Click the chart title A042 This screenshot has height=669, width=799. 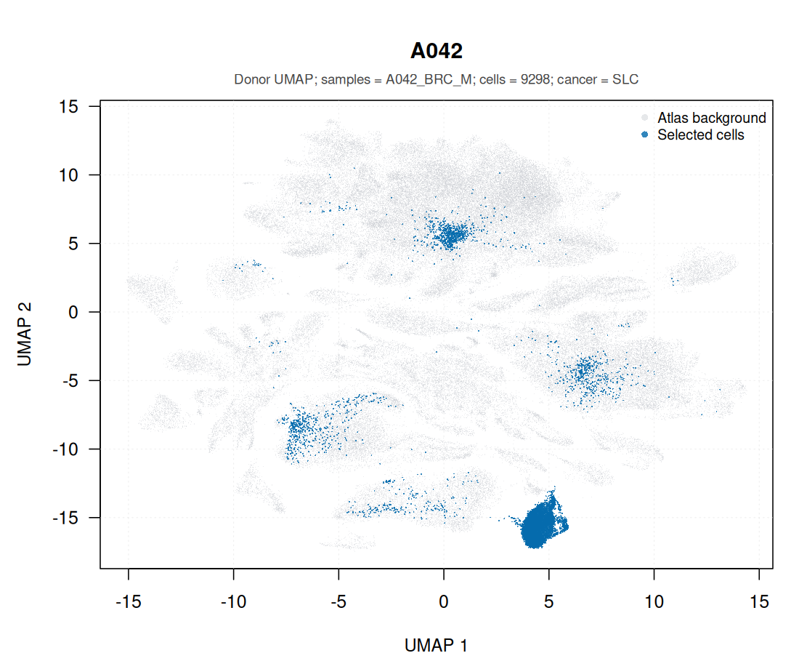(x=437, y=51)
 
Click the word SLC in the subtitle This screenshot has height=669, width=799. (x=625, y=79)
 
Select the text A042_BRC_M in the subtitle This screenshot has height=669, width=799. (x=429, y=80)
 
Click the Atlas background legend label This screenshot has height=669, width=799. (x=711, y=118)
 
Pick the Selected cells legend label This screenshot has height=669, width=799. (x=701, y=135)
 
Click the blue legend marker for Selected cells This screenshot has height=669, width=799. (x=644, y=135)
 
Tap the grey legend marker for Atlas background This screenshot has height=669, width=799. (x=644, y=118)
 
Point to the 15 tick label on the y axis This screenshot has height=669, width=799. (x=68, y=106)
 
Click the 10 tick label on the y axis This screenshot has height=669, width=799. (x=68, y=175)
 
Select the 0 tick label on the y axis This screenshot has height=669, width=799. (x=73, y=312)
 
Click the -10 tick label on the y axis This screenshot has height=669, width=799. (x=65, y=449)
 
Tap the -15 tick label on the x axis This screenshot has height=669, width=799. (x=129, y=601)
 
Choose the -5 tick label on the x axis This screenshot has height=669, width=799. (x=339, y=601)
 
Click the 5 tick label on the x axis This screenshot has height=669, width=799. (x=549, y=601)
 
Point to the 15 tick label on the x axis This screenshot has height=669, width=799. (x=759, y=601)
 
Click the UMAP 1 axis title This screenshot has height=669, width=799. (x=437, y=646)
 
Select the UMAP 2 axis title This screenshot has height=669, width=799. (x=25, y=334)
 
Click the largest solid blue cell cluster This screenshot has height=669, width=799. (x=540, y=523)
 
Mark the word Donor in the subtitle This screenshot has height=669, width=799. (x=252, y=79)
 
